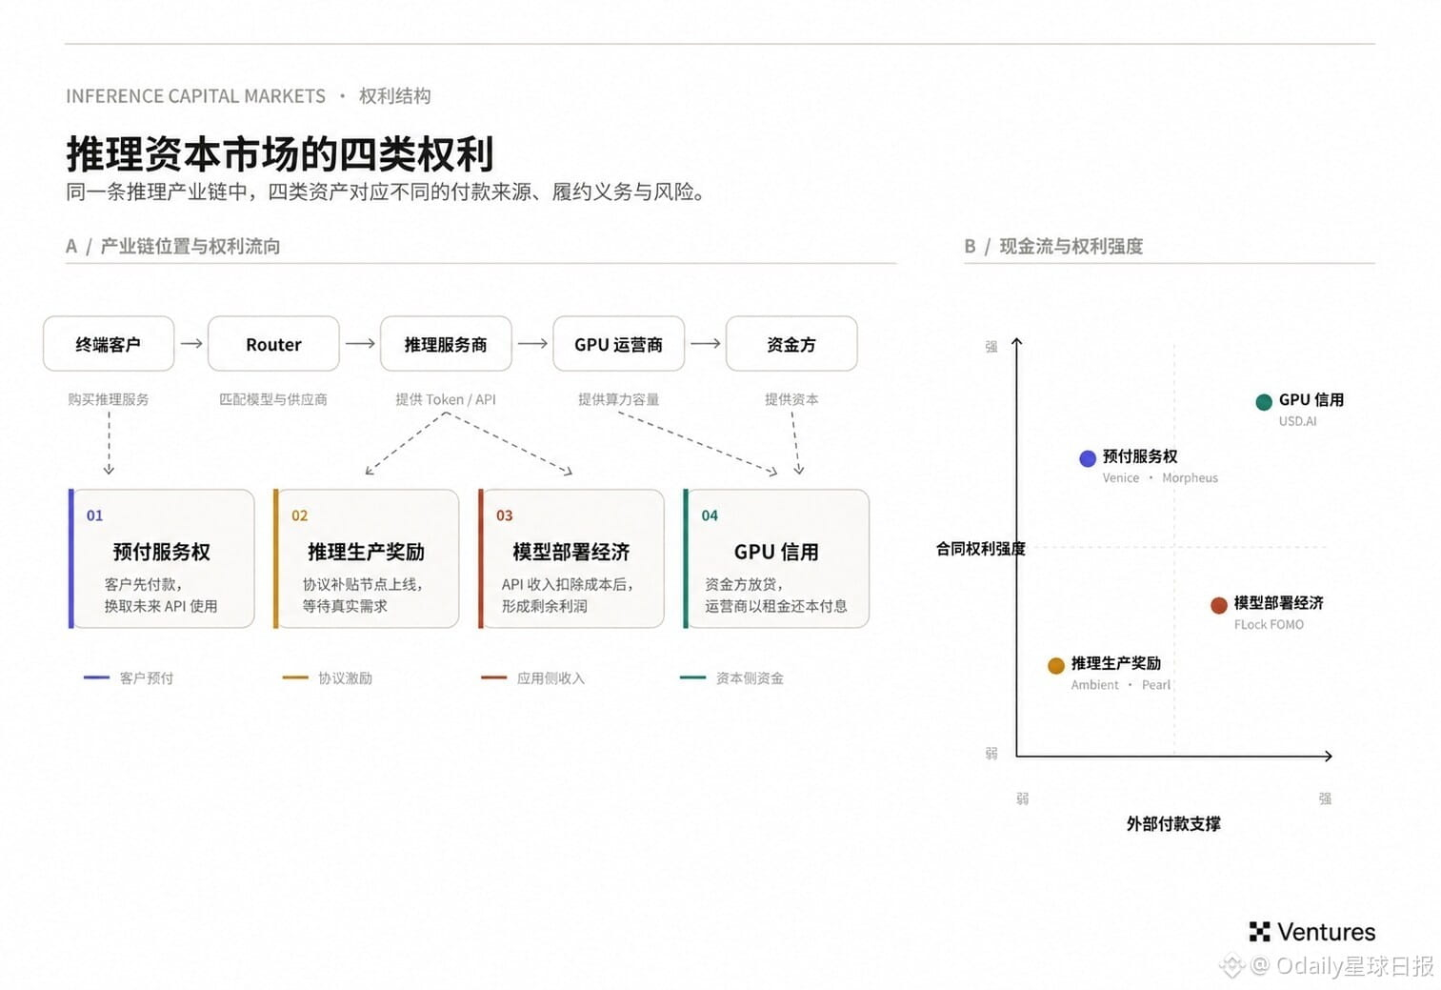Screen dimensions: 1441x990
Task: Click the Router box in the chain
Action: [x=273, y=344]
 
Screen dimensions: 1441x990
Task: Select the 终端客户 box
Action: [x=109, y=344]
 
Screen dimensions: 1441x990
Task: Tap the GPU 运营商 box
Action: [x=619, y=344]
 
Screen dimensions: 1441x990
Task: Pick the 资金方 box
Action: [x=791, y=344]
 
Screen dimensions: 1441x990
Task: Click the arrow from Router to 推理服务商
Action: [x=360, y=344]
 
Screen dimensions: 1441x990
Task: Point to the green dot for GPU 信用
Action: [x=1264, y=402]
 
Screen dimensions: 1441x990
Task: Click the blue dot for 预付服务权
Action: [x=1088, y=458]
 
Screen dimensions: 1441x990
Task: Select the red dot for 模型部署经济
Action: [x=1219, y=605]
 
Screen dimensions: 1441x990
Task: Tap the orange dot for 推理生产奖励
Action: [x=1056, y=666]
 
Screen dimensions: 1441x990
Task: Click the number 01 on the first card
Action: [x=94, y=515]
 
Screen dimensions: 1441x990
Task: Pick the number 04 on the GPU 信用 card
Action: [x=710, y=515]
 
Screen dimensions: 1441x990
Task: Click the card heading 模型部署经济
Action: [x=571, y=552]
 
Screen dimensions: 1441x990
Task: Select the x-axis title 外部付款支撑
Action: [x=1173, y=823]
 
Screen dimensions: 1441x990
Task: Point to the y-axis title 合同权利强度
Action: [x=980, y=549]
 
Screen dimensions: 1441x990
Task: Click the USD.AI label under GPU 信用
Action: [x=1297, y=421]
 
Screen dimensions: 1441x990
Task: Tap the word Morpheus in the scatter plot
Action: [x=1191, y=477]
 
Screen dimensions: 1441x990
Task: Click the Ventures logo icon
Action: [x=1260, y=932]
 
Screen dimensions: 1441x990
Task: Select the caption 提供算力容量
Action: [x=619, y=399]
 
